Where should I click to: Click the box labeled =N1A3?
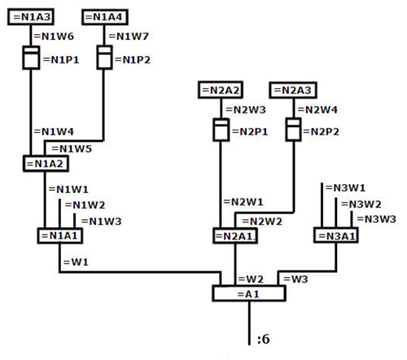point(31,17)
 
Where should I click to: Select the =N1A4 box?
point(105,17)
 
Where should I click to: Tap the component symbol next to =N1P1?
point(31,58)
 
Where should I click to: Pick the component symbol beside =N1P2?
point(104,57)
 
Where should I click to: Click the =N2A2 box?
point(221,90)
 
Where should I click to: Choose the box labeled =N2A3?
point(293,90)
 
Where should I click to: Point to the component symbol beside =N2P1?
point(221,130)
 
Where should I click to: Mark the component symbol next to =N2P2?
point(293,130)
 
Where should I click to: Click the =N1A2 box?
point(46,164)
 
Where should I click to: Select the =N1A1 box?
point(60,235)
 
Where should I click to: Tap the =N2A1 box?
point(235,236)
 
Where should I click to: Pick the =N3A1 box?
point(336,235)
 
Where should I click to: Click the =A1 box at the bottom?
point(249,293)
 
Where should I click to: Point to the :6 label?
point(264,339)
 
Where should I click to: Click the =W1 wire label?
point(76,262)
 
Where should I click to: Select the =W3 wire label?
point(295,279)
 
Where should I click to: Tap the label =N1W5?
point(72,149)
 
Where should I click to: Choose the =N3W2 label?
point(361,204)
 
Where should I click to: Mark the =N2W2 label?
point(262,222)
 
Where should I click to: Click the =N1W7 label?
point(129,37)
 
